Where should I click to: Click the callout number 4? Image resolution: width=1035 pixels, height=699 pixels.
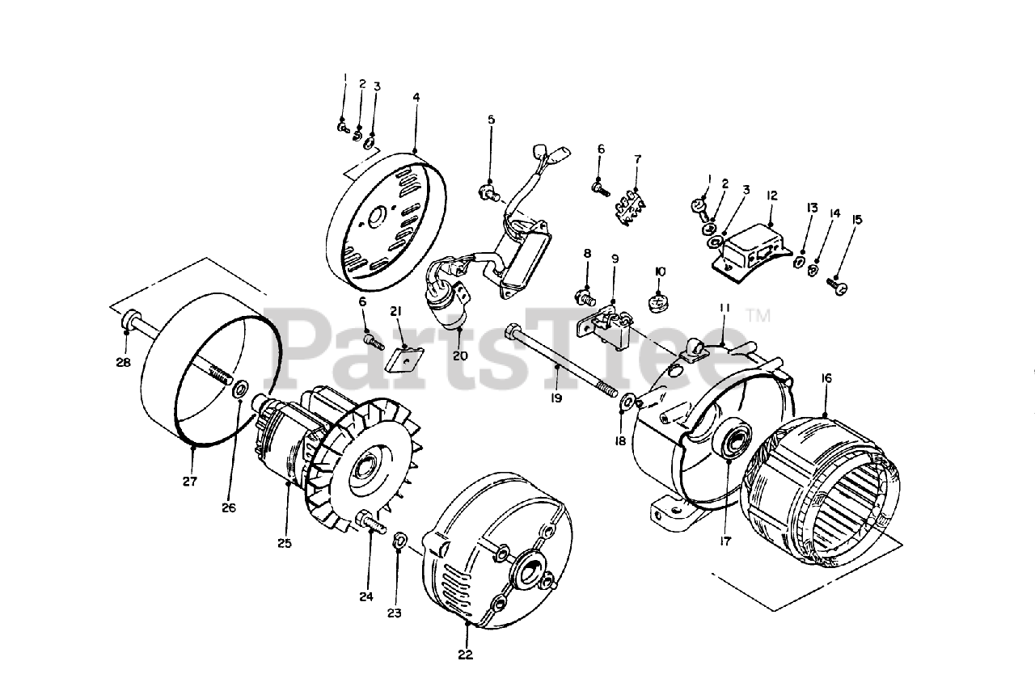click(416, 97)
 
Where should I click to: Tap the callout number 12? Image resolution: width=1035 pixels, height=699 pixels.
click(771, 196)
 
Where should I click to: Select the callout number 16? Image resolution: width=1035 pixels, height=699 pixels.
click(826, 378)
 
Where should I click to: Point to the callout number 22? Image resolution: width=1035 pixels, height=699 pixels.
click(466, 655)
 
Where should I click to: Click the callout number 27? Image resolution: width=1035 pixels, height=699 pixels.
click(189, 482)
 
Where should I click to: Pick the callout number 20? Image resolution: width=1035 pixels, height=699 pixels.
click(460, 355)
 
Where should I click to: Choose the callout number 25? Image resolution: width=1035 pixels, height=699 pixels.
click(284, 543)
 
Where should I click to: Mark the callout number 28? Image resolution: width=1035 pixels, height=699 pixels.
click(123, 363)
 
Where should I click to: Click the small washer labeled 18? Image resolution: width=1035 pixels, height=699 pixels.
click(628, 400)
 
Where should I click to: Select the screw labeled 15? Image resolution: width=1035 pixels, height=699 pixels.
click(836, 284)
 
